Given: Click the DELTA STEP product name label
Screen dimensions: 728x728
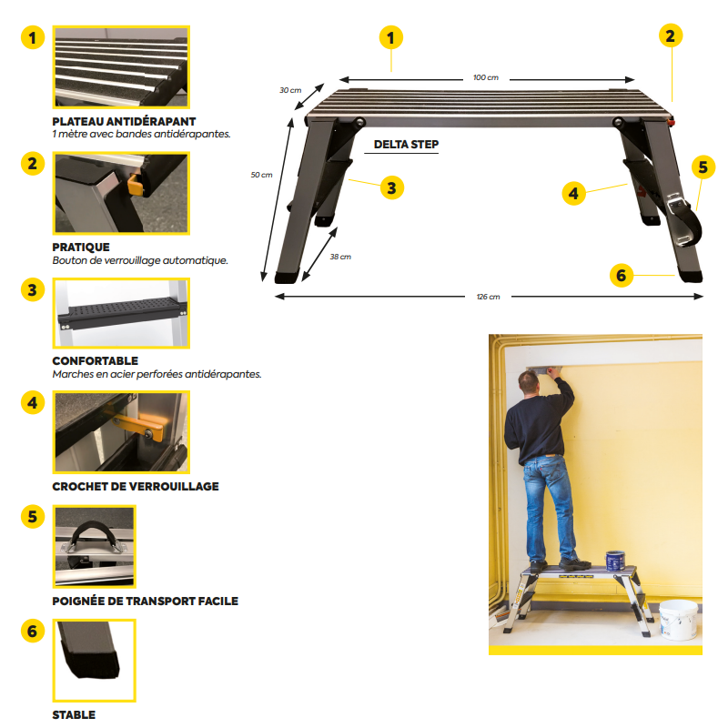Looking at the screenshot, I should (406, 144).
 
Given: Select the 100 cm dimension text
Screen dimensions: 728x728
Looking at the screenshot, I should (486, 78).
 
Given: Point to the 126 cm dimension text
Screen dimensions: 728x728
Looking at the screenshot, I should (488, 297).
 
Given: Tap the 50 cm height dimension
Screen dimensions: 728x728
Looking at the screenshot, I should (261, 175).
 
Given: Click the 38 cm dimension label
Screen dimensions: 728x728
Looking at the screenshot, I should (339, 257).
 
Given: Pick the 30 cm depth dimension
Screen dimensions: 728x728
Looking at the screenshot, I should (289, 90).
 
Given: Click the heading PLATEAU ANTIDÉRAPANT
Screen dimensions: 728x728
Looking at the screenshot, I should (124, 121).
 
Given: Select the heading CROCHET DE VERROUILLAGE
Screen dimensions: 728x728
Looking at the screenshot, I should (136, 487).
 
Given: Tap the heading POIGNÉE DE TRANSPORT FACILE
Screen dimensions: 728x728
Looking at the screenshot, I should (145, 602).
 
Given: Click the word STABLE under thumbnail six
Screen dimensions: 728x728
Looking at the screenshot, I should (74, 715).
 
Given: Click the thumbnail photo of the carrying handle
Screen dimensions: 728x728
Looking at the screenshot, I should (94, 546).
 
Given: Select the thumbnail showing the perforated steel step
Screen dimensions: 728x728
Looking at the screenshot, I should (121, 312).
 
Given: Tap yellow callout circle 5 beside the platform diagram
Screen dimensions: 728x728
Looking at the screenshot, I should (701, 167).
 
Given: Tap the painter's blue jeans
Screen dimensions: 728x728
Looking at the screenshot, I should (546, 505).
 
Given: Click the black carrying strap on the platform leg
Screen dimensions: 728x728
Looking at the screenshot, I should (692, 222).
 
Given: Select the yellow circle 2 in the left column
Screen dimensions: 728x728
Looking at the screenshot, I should (33, 164).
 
